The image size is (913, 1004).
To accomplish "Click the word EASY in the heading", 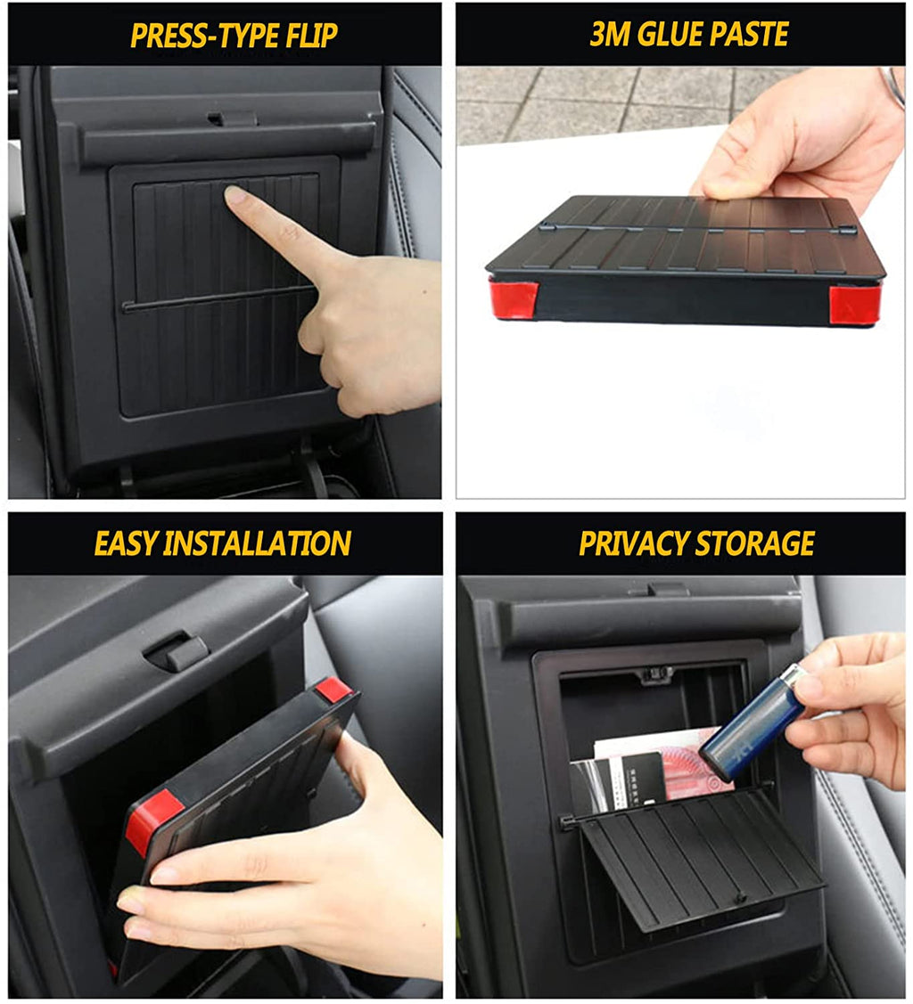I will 125,543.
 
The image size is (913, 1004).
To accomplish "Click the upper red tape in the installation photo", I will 332,688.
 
